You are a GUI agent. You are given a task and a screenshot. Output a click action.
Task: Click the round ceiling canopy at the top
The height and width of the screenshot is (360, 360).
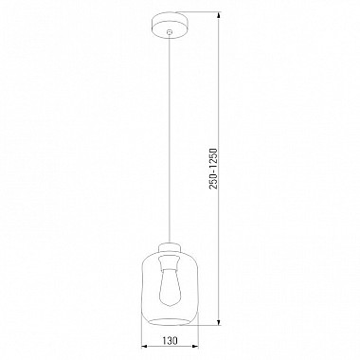170,23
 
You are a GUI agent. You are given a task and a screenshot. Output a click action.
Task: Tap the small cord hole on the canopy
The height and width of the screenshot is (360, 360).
170,32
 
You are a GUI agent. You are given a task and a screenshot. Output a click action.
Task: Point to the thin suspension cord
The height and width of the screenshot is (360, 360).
170,138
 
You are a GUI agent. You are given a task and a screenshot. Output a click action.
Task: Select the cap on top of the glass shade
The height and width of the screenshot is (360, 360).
170,248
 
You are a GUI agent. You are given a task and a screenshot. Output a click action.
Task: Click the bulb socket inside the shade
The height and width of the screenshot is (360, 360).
170,262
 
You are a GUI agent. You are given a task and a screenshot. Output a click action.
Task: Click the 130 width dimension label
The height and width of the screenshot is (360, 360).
170,341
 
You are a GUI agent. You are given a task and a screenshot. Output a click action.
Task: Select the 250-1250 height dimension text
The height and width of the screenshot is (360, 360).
214,169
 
